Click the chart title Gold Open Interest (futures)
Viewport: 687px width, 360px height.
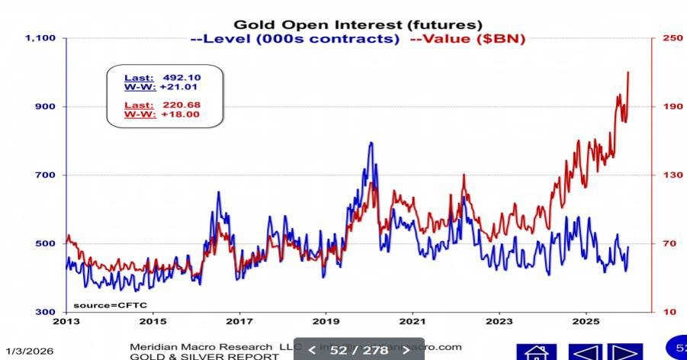(x=358, y=25)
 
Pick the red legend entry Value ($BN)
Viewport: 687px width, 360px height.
(x=468, y=39)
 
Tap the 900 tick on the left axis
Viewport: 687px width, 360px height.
(x=46, y=106)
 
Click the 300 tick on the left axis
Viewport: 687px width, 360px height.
(x=46, y=312)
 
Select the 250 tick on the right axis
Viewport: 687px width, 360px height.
(x=673, y=37)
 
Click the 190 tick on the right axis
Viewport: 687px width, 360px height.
(x=673, y=106)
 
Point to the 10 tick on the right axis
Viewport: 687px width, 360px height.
(x=669, y=312)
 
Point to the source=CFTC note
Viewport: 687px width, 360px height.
(x=99, y=305)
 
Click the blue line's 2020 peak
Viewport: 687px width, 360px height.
(x=371, y=143)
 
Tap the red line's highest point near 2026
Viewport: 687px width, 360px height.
(x=628, y=72)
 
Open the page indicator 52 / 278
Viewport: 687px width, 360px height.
(x=358, y=350)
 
